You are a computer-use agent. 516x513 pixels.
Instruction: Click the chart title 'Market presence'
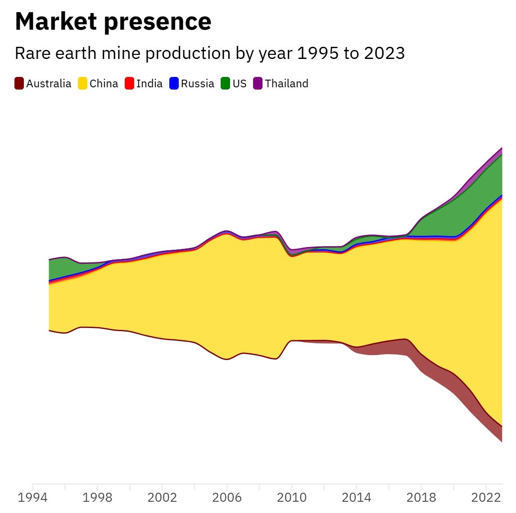coord(113,22)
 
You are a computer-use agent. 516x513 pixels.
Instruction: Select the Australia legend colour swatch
coord(19,84)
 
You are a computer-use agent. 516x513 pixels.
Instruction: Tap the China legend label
coord(104,84)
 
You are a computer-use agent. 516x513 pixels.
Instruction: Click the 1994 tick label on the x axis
coord(32,498)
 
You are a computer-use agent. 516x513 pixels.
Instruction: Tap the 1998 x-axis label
coord(97,498)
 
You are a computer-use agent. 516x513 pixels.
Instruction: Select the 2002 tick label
coord(162,498)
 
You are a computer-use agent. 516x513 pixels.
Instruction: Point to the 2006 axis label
coord(227,498)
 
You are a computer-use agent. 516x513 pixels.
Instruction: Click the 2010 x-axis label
coord(292,498)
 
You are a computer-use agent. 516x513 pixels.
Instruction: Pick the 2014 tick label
coord(357,498)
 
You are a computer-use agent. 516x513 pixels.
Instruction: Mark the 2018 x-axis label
coord(421,498)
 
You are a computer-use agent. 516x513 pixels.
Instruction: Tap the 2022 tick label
coord(486,498)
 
